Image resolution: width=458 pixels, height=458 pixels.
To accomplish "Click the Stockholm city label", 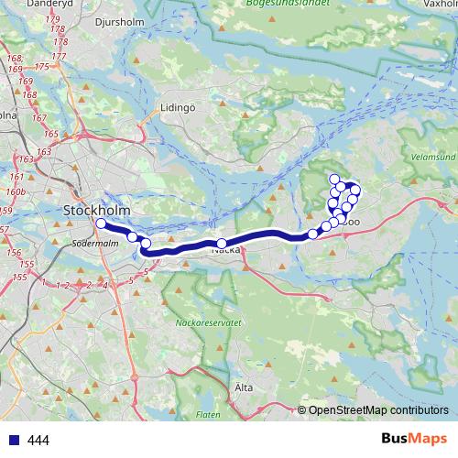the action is click(97, 212).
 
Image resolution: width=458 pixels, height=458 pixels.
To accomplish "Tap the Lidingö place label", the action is click(179, 106).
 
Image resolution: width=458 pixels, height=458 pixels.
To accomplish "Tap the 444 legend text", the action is click(38, 441).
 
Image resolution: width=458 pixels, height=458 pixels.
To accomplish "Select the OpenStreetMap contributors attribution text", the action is click(378, 409).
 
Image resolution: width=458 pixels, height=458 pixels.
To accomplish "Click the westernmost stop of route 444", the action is click(101, 223).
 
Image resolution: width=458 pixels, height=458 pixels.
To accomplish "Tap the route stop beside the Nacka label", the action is click(222, 244).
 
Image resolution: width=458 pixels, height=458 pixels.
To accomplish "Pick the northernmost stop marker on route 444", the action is click(335, 180).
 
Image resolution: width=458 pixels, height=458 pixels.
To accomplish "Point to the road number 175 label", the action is click(41, 67).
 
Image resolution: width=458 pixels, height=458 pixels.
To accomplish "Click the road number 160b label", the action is click(16, 193).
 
